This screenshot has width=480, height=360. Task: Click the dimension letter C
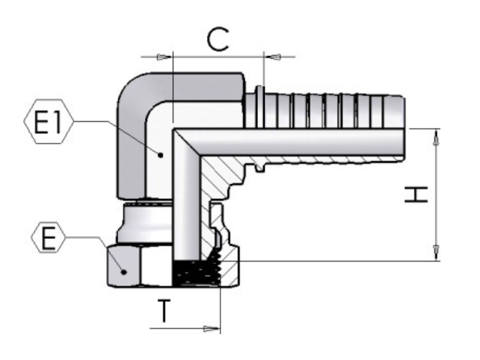coord(218,40)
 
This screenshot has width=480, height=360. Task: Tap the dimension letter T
coord(164,311)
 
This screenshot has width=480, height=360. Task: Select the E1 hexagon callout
coord(49,122)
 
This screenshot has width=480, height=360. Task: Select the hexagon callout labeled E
coord(49,238)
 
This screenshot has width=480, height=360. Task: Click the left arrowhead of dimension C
coord(163,57)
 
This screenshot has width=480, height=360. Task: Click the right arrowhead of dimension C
coord(274,57)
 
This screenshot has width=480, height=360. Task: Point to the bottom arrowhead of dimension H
coord(436,253)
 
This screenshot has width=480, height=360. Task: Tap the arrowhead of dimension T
coord(212,329)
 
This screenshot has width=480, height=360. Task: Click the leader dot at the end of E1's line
coord(160,155)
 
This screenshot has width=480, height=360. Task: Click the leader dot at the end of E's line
coord(124,272)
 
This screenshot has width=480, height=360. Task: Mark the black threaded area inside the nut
coord(196,271)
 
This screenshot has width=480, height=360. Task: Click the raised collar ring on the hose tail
coord(260,107)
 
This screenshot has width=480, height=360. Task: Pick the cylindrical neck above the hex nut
coord(145,223)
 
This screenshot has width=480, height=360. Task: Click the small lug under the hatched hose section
coord(260,168)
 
